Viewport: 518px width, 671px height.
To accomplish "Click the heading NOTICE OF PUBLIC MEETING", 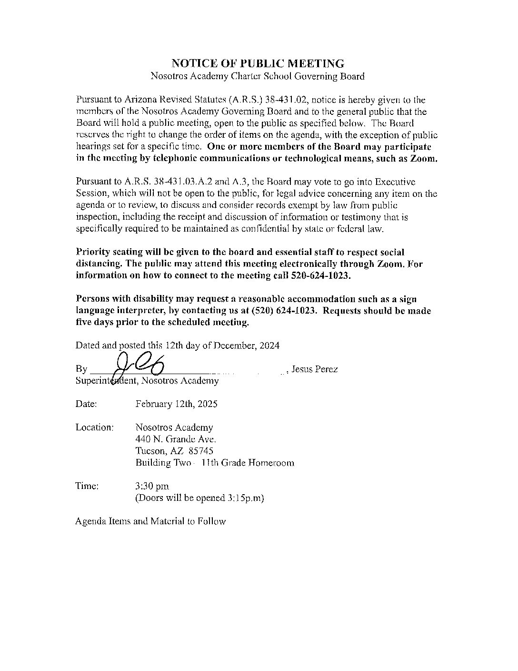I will (x=258, y=63).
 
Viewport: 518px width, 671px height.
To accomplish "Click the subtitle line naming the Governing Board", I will (x=258, y=76).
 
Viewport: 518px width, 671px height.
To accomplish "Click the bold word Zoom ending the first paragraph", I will (x=423, y=159).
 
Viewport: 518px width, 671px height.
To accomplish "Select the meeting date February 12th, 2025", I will (x=176, y=404).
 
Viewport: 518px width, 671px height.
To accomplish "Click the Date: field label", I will (x=86, y=404).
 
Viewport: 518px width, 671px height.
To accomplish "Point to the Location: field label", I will (x=94, y=427).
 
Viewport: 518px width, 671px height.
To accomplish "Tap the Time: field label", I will (x=87, y=486).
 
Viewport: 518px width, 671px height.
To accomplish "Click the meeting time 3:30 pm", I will (x=152, y=486).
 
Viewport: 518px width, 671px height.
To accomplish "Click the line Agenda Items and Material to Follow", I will (x=150, y=521).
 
